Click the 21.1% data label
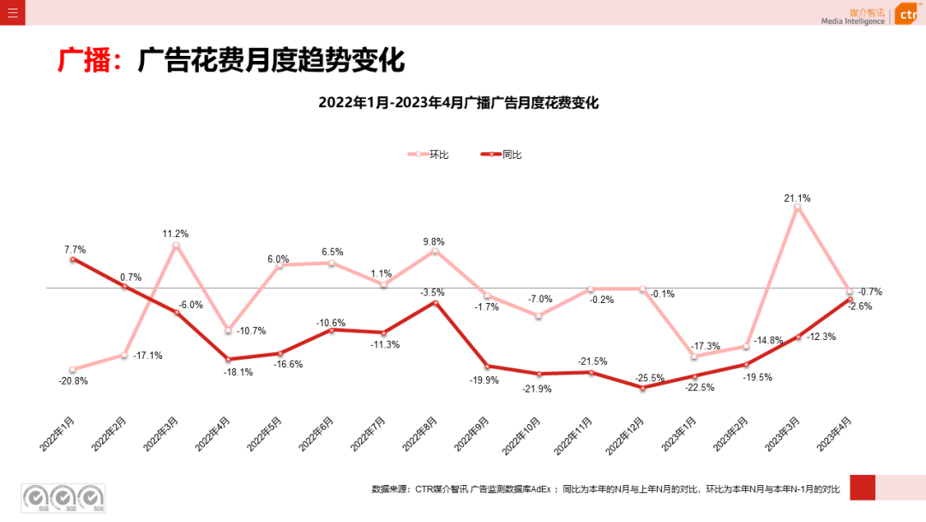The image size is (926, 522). pos(797,198)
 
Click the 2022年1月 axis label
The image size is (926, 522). pos(57,433)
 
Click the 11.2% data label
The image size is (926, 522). pos(176,234)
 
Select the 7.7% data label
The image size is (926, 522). pos(75,250)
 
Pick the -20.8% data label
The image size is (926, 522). pos(73,381)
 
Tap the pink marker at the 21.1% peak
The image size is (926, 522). pos(797,207)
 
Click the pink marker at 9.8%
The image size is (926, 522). pos(436,251)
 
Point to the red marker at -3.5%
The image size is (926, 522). pos(436,302)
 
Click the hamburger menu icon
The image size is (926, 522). pos(12,12)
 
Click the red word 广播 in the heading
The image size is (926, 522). pos(84,61)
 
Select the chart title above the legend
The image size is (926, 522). pos(458,103)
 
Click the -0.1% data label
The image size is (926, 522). pos(661,294)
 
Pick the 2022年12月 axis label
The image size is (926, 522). pos(625,433)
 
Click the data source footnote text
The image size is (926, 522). pos(605,489)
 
